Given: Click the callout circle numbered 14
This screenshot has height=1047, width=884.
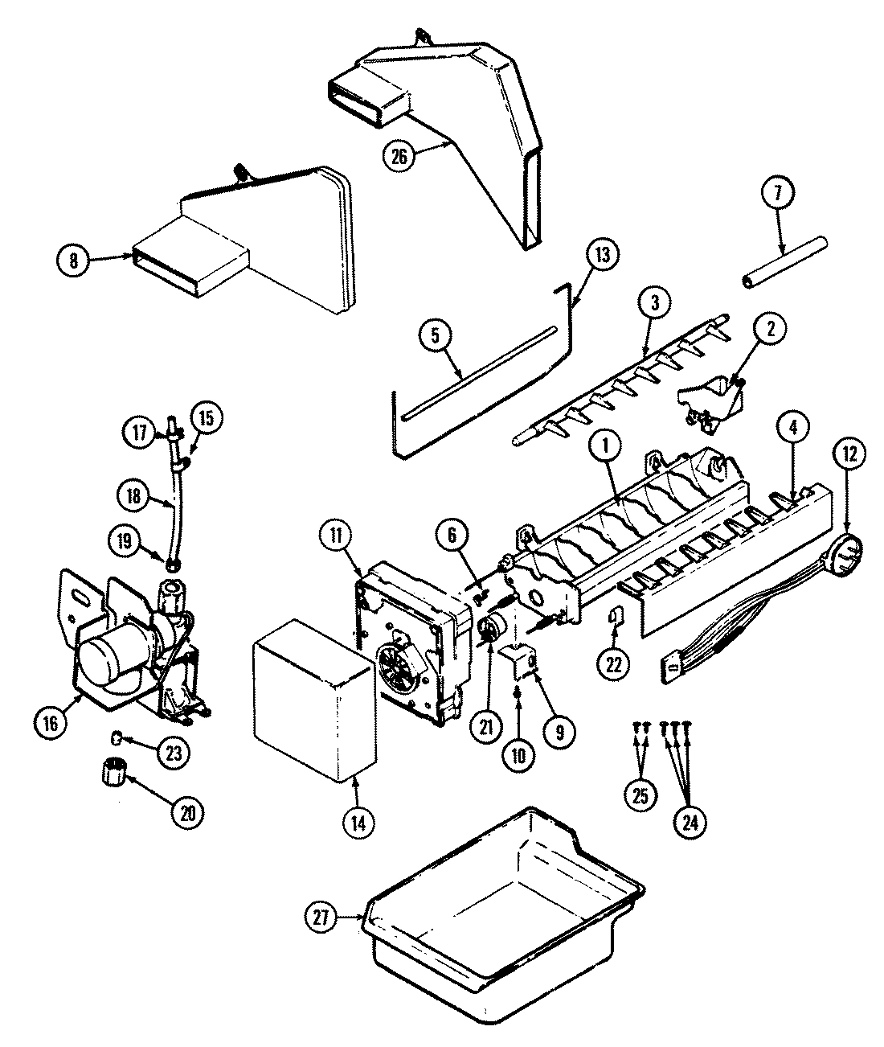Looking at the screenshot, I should click(x=358, y=822).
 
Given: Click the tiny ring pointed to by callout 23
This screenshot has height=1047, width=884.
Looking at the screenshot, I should click(x=117, y=737).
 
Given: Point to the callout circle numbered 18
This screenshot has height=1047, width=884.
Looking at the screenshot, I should click(x=134, y=497).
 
